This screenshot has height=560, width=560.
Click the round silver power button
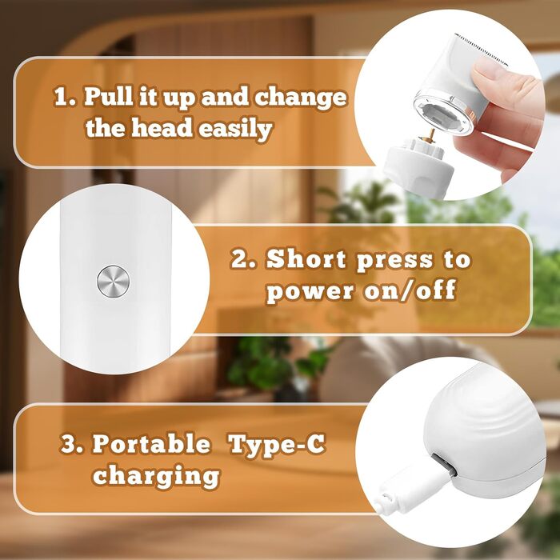114,281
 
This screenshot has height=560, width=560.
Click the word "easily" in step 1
235,129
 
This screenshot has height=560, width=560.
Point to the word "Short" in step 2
306,259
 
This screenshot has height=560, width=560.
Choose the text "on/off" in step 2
410,290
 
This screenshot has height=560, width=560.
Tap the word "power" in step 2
310,292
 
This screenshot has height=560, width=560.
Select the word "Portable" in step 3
151,443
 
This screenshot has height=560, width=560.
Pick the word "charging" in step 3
156,476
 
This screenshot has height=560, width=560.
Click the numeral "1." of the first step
66,97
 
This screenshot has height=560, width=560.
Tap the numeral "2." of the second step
243,259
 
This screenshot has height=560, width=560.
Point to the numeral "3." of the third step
72,443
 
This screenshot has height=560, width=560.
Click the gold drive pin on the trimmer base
431,134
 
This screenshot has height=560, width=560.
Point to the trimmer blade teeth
482,50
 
